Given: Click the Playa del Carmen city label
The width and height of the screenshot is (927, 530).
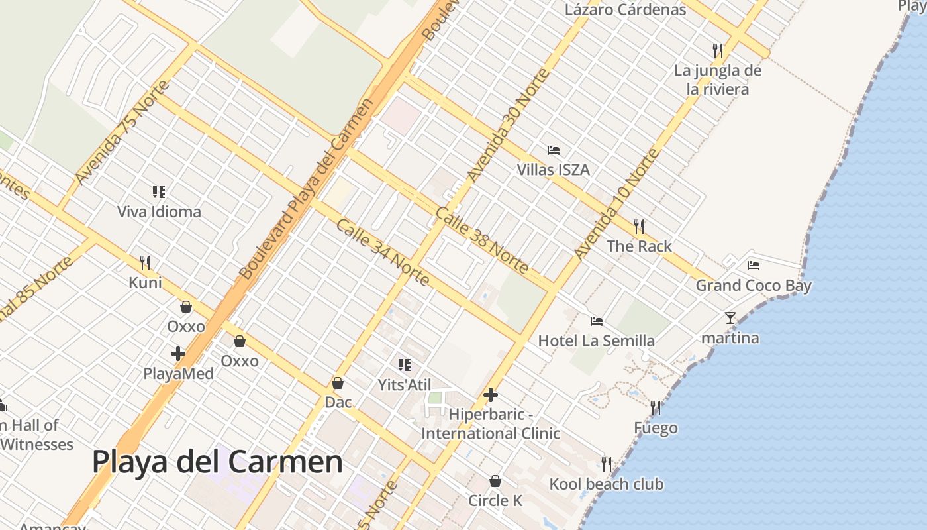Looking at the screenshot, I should click(x=217, y=462).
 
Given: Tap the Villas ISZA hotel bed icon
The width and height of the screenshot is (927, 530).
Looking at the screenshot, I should click(x=554, y=150).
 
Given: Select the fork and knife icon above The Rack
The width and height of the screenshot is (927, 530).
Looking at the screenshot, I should click(x=639, y=227).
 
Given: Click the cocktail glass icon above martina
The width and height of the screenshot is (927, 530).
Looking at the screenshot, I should click(x=730, y=318).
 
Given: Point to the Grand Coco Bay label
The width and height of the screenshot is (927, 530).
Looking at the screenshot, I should click(x=753, y=286).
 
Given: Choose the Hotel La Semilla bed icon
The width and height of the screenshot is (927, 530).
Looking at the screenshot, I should click(x=597, y=321).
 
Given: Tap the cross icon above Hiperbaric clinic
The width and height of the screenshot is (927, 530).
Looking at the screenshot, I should click(x=491, y=396).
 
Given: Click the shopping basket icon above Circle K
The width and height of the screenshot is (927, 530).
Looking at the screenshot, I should click(x=495, y=481).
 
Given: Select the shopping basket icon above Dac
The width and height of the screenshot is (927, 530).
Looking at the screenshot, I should click(x=338, y=383).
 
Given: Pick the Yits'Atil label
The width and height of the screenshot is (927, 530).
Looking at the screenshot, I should click(x=404, y=385).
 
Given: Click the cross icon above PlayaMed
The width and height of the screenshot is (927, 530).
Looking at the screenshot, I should click(x=178, y=354).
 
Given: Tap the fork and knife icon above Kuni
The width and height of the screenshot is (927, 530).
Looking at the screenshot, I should click(x=145, y=263).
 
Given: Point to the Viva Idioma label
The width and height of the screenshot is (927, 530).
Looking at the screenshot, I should click(x=159, y=212).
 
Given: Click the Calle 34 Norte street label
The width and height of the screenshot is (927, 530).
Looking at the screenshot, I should click(x=383, y=252).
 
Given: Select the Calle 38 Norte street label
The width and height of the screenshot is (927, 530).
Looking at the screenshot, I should click(x=482, y=240).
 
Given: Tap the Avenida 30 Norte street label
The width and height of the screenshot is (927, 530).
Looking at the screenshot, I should click(x=508, y=125).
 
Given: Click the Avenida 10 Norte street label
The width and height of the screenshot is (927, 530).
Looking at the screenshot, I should click(x=616, y=205).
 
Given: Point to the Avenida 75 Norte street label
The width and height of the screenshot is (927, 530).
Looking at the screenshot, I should click(x=122, y=133).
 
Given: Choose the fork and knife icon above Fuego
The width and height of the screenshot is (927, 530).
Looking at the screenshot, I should click(x=656, y=407).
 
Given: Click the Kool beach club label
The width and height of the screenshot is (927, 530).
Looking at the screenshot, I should click(x=606, y=484).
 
